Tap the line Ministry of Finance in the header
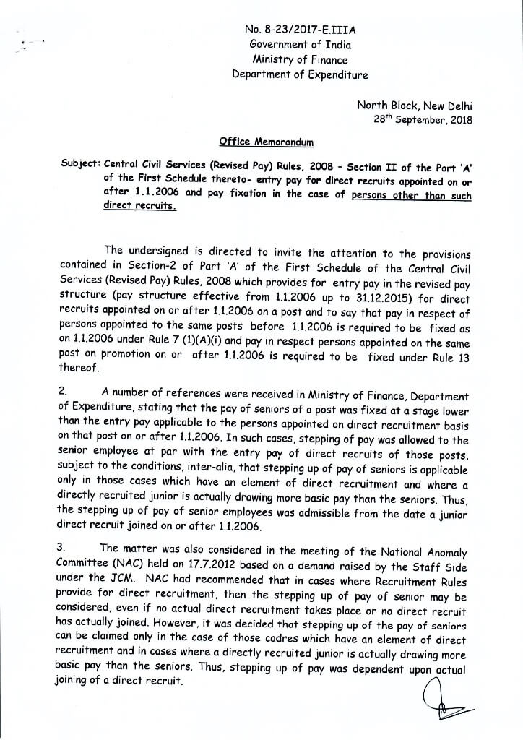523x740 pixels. point(299,60)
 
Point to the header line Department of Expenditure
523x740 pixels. point(299,74)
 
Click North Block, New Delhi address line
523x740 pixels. point(415,105)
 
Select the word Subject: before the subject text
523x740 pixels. point(80,163)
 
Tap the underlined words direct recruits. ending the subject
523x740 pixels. point(139,206)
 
